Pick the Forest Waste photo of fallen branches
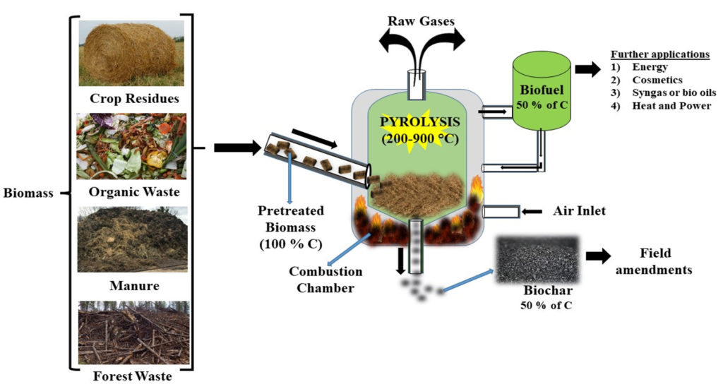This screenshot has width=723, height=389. [133, 333]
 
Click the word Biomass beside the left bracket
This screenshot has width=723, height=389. [28, 193]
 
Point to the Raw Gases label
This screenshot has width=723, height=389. [420, 20]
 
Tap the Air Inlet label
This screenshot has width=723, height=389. [579, 210]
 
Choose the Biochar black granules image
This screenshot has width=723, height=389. [537, 258]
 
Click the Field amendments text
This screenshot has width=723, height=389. [655, 261]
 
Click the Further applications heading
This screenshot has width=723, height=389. [659, 54]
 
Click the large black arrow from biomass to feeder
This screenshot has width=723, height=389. [237, 148]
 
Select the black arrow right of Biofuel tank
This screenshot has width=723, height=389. [585, 69]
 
